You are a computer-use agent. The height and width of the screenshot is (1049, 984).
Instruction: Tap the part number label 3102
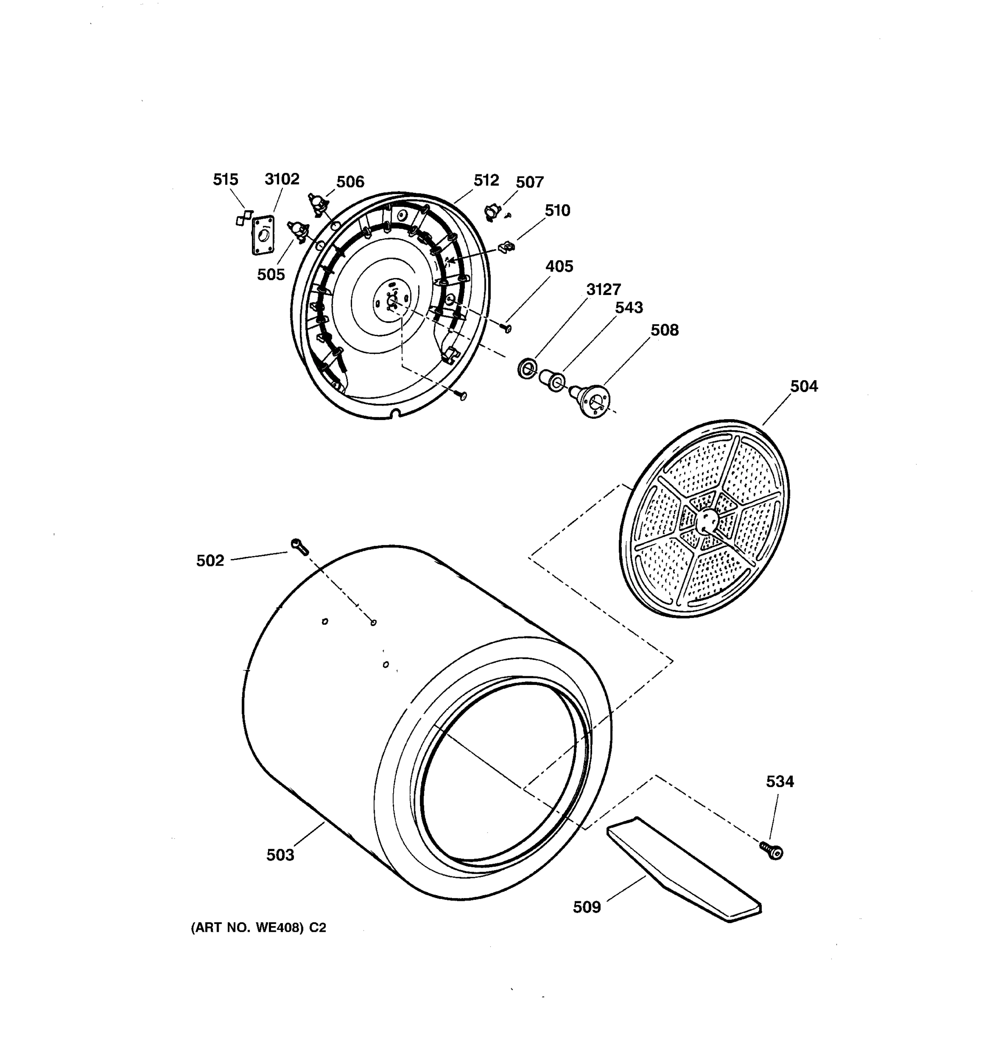tap(282, 179)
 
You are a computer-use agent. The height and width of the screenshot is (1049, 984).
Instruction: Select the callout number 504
tap(803, 386)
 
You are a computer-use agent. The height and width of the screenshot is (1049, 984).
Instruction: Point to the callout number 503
tap(280, 854)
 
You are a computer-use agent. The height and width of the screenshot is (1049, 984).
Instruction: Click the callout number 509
tap(586, 907)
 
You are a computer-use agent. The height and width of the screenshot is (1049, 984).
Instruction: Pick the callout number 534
tap(780, 781)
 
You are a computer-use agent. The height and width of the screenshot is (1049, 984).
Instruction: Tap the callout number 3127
tap(604, 289)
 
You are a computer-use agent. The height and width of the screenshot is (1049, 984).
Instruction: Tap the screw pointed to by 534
tap(772, 851)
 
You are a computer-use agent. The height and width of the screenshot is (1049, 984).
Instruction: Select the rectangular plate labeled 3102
tap(263, 234)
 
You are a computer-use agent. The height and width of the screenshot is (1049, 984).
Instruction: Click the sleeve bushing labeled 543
tap(551, 380)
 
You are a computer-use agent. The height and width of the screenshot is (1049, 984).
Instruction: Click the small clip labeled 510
tap(507, 246)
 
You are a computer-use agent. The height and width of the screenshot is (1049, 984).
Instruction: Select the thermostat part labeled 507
tap(492, 212)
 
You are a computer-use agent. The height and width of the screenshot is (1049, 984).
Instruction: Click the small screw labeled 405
tap(507, 328)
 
